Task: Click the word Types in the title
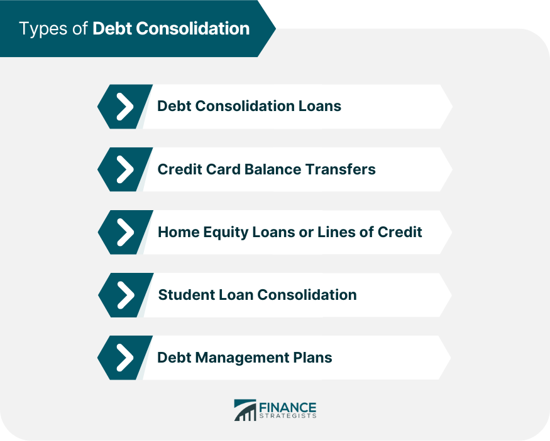pyautogui.click(x=43, y=29)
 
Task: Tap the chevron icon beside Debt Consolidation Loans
pyautogui.click(x=125, y=107)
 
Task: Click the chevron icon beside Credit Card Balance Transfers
pyautogui.click(x=125, y=169)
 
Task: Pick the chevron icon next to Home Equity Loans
pyautogui.click(x=125, y=232)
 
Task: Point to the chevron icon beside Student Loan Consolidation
pyautogui.click(x=125, y=295)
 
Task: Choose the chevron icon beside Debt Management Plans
pyautogui.click(x=125, y=358)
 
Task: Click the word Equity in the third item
pyautogui.click(x=223, y=231)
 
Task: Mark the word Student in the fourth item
pyautogui.click(x=182, y=294)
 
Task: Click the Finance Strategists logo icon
pyautogui.click(x=245, y=410)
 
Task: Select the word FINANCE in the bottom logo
pyautogui.click(x=288, y=406)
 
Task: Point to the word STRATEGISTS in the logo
pyautogui.click(x=288, y=416)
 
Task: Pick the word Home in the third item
pyautogui.click(x=176, y=231)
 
